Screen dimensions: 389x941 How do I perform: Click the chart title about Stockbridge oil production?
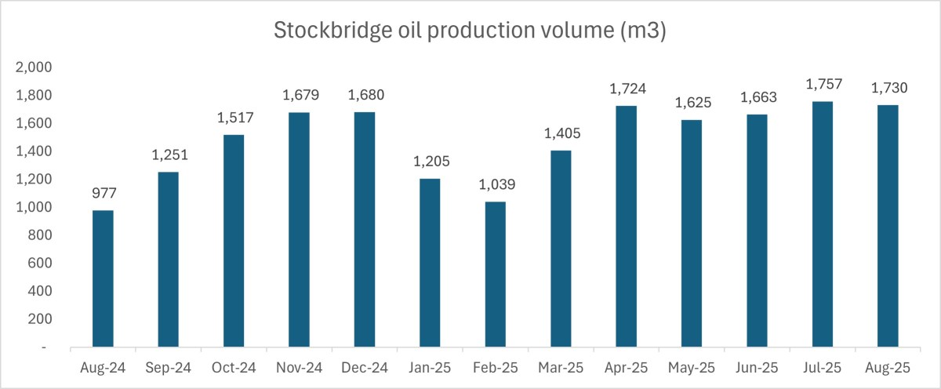click(470, 31)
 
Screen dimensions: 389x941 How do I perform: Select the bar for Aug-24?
click(103, 278)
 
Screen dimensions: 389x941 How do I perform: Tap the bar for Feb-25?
click(495, 274)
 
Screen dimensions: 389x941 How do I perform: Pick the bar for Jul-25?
click(822, 224)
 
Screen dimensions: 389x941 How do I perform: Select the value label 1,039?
click(495, 186)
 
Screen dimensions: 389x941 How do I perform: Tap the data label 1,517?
click(234, 119)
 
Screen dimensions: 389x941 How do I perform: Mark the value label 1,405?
click(561, 135)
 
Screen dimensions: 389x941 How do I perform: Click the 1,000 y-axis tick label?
click(35, 207)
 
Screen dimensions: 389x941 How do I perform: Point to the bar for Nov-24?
click(299, 230)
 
